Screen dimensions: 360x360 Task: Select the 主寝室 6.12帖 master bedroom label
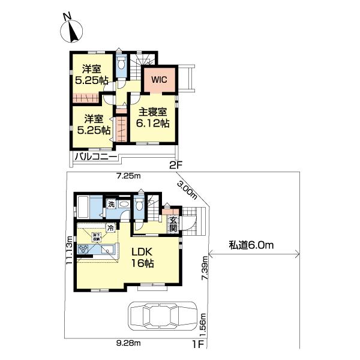coord(154,117)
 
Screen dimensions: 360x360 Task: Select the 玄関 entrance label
coord(173,223)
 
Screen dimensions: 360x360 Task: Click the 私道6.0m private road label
coord(251,245)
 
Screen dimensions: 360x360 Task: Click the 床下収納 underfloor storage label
coord(96,236)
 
